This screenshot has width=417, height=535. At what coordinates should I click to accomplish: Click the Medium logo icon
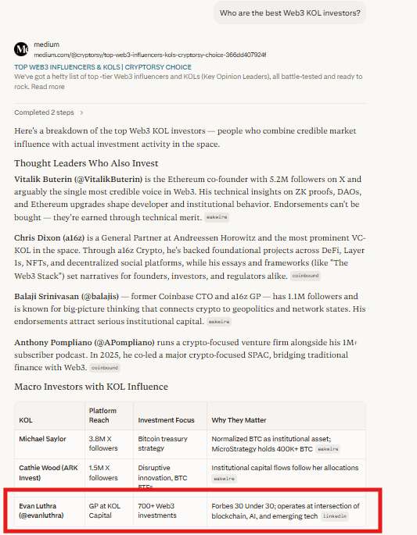coord(22,49)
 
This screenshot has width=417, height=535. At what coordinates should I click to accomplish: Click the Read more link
coord(48,87)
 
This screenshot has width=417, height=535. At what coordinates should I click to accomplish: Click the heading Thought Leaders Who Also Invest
coord(86,163)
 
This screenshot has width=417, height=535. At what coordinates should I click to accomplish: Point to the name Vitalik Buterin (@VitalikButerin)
coord(78,179)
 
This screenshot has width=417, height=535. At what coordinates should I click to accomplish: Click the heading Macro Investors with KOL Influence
coord(91,387)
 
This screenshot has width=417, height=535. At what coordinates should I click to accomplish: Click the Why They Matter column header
coord(240,420)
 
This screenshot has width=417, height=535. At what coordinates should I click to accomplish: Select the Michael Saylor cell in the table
coord(43,439)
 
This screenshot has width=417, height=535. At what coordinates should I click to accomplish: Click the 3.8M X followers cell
coord(102,444)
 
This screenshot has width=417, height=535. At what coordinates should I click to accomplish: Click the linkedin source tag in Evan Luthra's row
coord(334,517)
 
